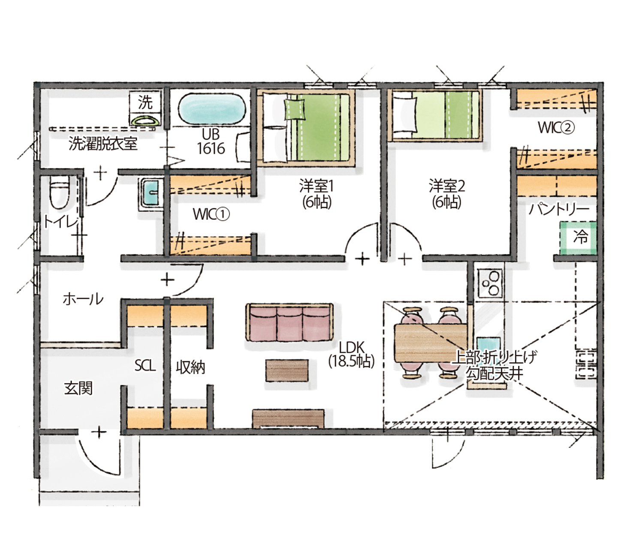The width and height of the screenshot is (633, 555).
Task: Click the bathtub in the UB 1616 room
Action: click(212, 109)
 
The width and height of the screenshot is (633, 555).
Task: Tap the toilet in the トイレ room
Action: click(60, 192)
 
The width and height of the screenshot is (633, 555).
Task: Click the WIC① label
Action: click(211, 214)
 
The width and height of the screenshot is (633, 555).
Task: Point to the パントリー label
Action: click(559, 210)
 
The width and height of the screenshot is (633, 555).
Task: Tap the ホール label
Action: click(83, 299)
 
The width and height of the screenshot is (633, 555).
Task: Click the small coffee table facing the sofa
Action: click(287, 370)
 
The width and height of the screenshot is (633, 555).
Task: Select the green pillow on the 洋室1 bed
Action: click(295, 109)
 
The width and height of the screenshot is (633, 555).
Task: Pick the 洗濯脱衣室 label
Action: click(103, 144)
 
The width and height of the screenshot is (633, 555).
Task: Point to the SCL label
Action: click(145, 366)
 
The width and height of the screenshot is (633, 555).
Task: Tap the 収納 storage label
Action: click(190, 367)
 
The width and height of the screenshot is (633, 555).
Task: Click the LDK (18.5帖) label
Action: click(351, 354)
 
